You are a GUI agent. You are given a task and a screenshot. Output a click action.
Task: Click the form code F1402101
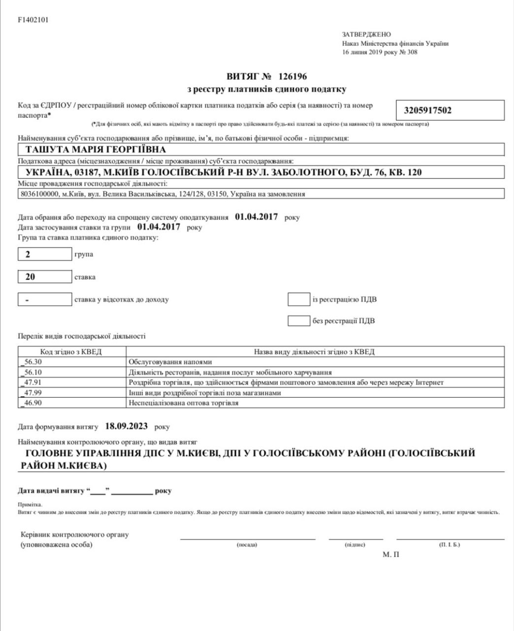tap(33, 20)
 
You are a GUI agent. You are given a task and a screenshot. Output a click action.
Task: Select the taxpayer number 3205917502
tap(427, 110)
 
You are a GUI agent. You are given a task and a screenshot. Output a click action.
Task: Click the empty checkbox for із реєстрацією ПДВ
tap(298, 299)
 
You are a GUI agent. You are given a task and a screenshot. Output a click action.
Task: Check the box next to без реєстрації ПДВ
tap(298, 320)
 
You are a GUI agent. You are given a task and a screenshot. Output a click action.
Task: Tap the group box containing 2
tap(45, 254)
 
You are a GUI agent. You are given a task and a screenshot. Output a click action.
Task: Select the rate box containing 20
tap(45, 277)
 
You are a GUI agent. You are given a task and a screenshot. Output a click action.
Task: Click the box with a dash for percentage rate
tap(45, 299)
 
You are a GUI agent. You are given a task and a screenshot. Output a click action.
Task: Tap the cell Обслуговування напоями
tap(170, 362)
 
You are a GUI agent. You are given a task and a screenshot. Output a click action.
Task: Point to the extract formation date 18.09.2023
tap(126, 426)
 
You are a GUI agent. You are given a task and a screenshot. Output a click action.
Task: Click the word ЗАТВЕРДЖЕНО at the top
tap(366, 35)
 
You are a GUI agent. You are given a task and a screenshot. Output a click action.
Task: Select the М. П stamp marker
tap(390, 555)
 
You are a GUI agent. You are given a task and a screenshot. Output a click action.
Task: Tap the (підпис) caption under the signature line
tap(355, 545)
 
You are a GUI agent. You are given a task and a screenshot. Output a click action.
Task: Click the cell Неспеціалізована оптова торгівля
tap(183, 403)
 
